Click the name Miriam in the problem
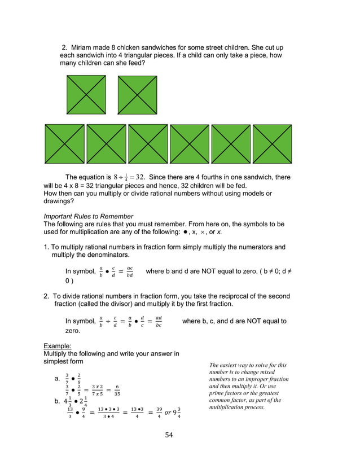83,47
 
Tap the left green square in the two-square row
86,95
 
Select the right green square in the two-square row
137,95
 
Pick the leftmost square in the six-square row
64,144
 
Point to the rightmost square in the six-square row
273,144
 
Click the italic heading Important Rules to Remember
88,216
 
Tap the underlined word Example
57,345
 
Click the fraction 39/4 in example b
160,414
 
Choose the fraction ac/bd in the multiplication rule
129,272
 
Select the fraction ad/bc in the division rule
159,322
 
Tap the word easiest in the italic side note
232,365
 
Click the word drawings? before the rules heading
59,201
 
